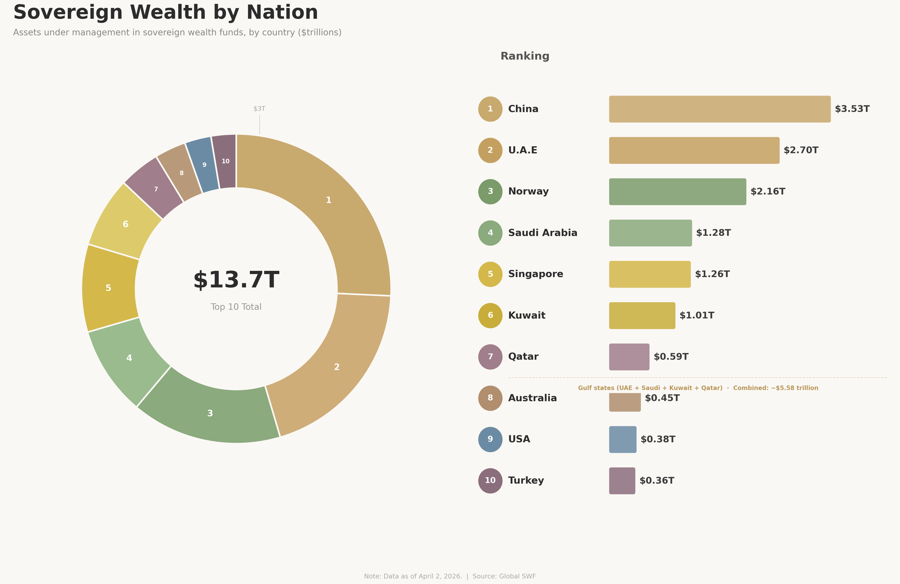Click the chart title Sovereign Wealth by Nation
point(166,13)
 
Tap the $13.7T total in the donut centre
point(236,280)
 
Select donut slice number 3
point(210,413)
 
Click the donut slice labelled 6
point(126,224)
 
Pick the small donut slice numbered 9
point(204,165)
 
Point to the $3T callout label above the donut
point(259,109)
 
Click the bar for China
point(720,109)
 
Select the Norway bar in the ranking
point(677,192)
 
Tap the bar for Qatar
point(629,357)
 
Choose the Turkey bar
point(622,481)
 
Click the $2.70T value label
point(801,150)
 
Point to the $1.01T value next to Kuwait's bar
point(697,315)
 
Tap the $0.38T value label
point(658,439)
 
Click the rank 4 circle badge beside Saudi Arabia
point(490,233)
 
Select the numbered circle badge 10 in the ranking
point(490,481)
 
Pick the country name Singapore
point(535,274)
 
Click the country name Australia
point(532,398)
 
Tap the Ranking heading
point(525,56)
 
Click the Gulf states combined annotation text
point(698,388)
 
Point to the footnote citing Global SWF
point(450,576)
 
